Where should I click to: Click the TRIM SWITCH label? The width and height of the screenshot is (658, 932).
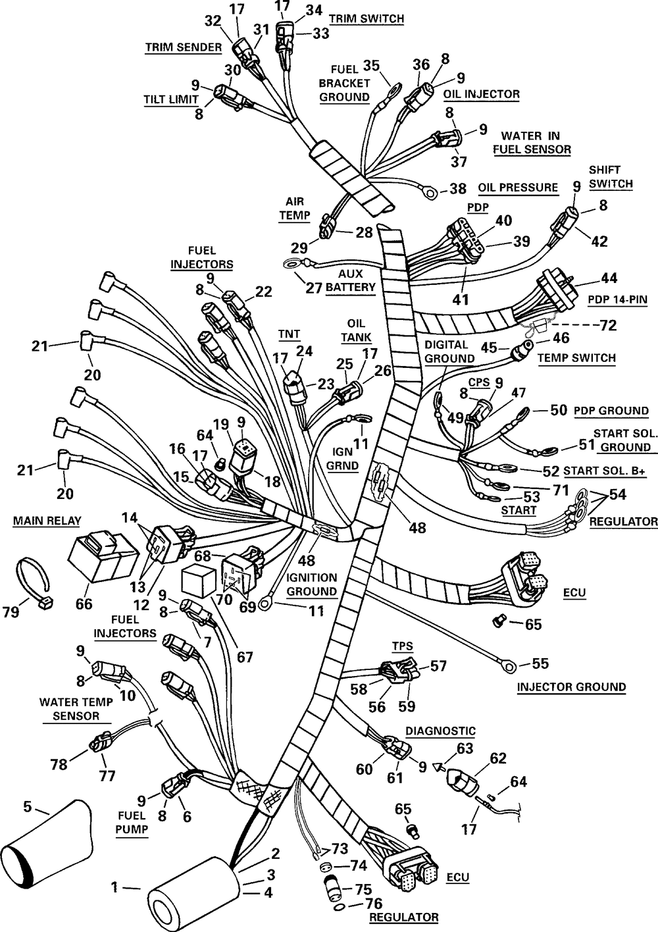pos(366,18)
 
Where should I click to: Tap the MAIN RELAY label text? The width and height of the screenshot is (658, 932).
pos(47,521)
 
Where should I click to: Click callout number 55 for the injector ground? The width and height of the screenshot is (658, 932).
pos(540,663)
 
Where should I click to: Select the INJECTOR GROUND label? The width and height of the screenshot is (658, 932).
pos(571,686)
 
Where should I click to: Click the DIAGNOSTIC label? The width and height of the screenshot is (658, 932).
pos(440,731)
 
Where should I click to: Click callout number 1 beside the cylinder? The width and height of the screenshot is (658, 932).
pos(114,888)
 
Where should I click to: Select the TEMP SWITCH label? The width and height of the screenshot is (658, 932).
pos(576,358)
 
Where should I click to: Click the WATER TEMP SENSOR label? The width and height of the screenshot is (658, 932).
pos(76,708)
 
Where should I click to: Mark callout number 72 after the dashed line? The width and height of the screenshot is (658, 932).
pos(608,326)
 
